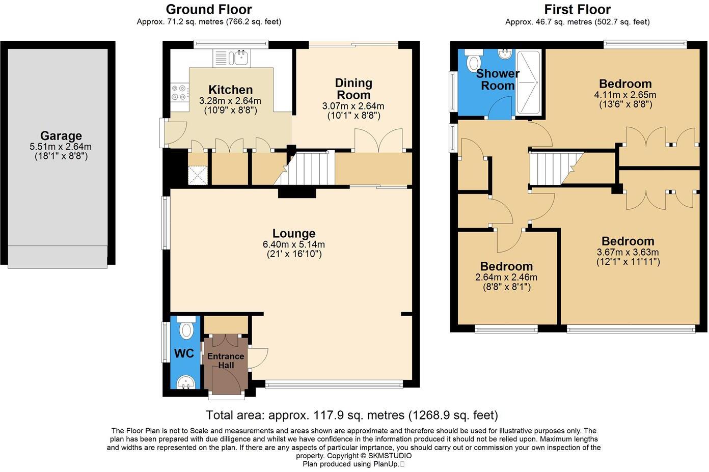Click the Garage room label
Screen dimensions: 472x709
point(61,136)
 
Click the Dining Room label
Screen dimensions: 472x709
point(353,89)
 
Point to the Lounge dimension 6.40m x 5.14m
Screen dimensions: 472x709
point(294,244)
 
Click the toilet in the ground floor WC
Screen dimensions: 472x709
point(187,329)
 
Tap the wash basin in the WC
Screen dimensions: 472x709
point(187,382)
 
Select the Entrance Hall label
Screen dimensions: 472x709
point(226,360)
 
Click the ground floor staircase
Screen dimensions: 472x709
point(306,168)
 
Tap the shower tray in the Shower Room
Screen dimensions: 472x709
point(528,82)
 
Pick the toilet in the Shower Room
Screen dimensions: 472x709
point(473,60)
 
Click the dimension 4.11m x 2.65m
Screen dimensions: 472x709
point(625,95)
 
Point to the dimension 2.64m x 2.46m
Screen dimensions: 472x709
point(506,277)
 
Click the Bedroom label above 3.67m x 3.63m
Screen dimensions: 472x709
point(628,241)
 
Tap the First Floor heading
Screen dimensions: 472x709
point(577,9)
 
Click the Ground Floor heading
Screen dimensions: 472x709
point(209,9)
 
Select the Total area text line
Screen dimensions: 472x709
point(352,415)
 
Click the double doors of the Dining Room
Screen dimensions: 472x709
point(378,140)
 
